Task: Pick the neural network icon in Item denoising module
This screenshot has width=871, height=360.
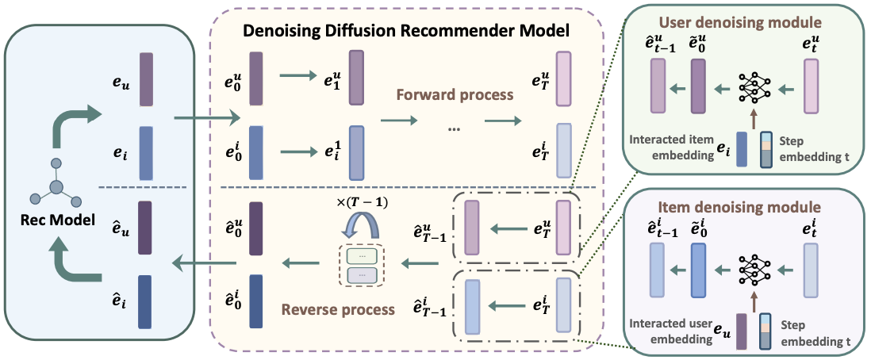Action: (x=754, y=272)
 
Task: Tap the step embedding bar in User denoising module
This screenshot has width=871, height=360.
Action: (x=766, y=149)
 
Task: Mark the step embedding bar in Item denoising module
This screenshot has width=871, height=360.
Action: (x=766, y=331)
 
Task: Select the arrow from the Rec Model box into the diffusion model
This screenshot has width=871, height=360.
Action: (x=207, y=118)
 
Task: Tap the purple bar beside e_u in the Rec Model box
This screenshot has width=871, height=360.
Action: (x=146, y=79)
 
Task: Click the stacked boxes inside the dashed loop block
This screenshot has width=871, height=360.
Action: (x=362, y=266)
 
